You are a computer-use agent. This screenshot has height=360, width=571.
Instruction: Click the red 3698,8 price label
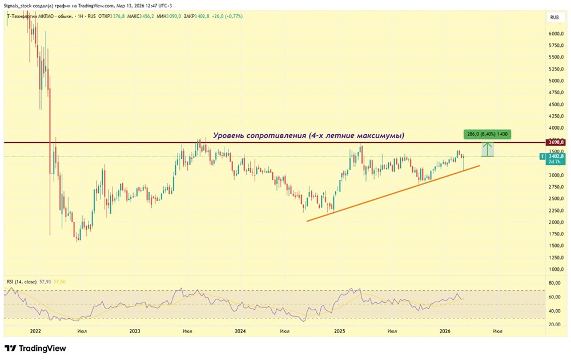click(556, 142)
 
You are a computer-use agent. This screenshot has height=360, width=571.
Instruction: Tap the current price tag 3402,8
click(556, 156)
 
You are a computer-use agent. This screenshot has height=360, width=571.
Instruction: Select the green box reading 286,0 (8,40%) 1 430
click(486, 134)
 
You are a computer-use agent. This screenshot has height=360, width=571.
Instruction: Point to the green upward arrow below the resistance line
click(487, 150)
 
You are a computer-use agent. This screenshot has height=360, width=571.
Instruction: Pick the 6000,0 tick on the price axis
click(554, 34)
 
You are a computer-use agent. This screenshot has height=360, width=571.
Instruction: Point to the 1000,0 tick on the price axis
click(554, 269)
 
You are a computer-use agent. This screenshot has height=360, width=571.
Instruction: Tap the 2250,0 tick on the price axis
click(554, 210)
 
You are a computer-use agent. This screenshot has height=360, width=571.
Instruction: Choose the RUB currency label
click(554, 18)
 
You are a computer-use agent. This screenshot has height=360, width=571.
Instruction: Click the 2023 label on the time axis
click(135, 331)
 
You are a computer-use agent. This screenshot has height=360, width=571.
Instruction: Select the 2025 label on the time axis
click(339, 331)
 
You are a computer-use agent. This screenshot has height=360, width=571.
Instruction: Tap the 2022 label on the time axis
click(35, 331)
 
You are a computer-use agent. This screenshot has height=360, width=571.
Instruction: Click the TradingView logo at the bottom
click(35, 348)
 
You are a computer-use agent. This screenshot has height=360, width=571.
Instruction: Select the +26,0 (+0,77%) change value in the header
click(227, 16)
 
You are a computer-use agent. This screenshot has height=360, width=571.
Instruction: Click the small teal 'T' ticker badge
click(543, 156)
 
